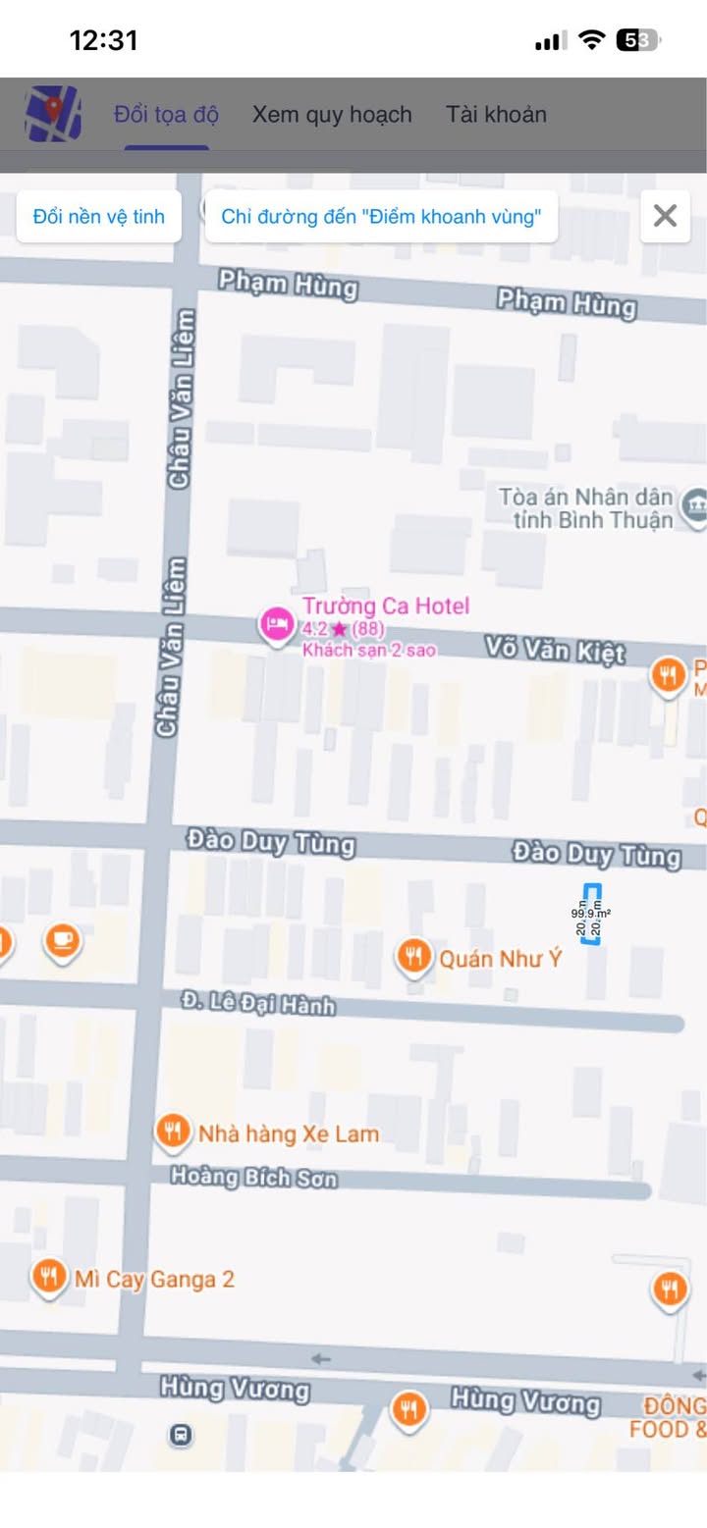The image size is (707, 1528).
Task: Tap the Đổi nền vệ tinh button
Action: pos(98,217)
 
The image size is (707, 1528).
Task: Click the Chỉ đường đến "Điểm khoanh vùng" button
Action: pos(381,217)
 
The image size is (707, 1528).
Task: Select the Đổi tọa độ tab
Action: pos(166,115)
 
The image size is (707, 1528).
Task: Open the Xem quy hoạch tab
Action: pos(332,115)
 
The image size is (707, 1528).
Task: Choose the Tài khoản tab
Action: pos(496,115)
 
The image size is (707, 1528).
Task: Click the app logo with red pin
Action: pos(53,114)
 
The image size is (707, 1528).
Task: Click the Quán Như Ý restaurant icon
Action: pos(413,956)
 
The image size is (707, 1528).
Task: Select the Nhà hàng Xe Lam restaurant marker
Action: pos(174,1132)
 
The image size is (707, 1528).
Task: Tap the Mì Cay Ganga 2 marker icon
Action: pos(48,1277)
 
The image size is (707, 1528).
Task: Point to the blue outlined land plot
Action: pos(591,914)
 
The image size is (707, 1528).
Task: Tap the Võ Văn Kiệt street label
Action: pos(555,651)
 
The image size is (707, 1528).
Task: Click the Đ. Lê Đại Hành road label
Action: pos(258,1003)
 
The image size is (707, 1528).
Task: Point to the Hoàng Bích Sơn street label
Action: pos(253,1176)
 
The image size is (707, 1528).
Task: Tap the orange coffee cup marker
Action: pos(63,940)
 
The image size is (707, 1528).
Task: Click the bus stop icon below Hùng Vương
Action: pos(181,1435)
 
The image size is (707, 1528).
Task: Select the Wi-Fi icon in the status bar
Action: pos(591,40)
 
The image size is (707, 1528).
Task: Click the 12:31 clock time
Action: pos(103,40)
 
